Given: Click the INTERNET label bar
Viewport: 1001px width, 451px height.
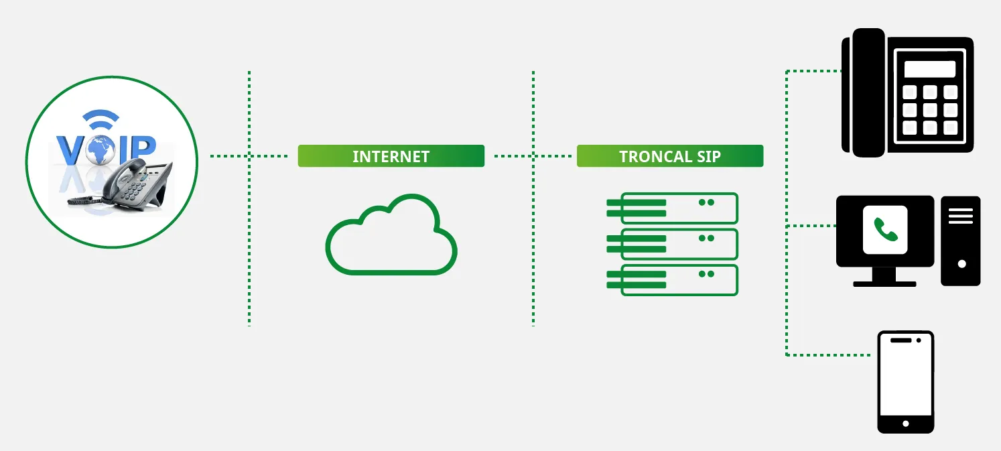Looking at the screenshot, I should [391, 156].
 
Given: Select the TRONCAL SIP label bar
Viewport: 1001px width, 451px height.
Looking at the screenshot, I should [669, 156].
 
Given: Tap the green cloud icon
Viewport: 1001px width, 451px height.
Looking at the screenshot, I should [391, 235].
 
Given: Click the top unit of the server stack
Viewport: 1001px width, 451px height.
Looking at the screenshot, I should [672, 208].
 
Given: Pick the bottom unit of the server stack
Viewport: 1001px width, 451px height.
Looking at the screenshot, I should [672, 280].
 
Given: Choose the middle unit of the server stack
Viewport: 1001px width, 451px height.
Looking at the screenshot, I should [672, 244].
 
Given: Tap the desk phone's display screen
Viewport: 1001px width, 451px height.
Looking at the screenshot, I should [929, 69].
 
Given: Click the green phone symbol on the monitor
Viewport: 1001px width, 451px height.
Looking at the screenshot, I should [885, 230].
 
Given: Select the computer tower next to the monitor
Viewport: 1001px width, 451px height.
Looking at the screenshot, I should [960, 241].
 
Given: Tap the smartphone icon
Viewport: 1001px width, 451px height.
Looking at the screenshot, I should [905, 381].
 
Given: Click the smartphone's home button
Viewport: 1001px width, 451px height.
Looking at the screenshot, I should [906, 424].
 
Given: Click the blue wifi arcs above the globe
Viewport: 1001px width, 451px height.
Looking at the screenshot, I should [101, 121].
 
